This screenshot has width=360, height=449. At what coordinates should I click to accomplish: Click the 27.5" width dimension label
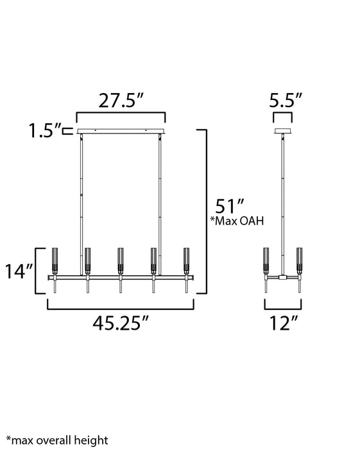[x=121, y=101]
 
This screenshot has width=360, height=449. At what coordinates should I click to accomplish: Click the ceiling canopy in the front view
[x=121, y=131]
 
